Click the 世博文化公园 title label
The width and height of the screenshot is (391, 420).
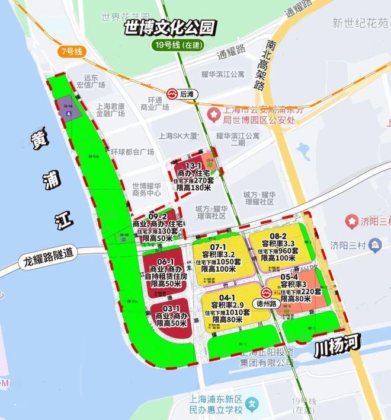point(169,27)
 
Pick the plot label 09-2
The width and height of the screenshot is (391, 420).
point(158,217)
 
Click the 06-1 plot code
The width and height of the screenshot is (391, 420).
point(165,261)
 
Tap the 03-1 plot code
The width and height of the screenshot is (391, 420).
point(172,309)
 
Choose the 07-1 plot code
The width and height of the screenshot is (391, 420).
point(219,247)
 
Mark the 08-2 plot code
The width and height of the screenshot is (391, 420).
point(278,236)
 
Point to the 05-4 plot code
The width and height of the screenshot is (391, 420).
point(289,276)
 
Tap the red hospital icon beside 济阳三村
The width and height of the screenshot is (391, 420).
point(352,222)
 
